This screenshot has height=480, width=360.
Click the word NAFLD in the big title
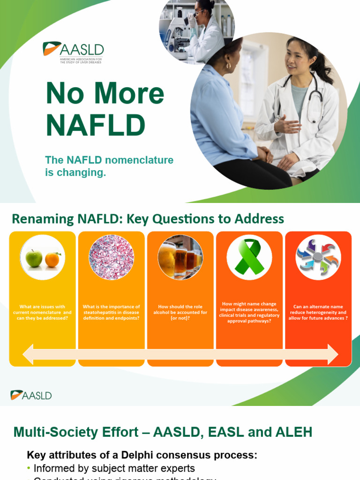[96, 125]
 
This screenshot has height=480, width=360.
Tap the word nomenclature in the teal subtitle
[139, 160]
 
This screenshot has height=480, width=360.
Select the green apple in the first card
[34, 258]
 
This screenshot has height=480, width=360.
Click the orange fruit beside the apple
[52, 259]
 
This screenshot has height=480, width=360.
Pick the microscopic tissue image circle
[111, 257]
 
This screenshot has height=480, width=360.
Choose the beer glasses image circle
[180, 257]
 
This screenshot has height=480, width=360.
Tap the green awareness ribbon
[249, 257]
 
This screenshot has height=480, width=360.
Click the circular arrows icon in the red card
[318, 257]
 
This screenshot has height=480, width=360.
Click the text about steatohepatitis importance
[111, 312]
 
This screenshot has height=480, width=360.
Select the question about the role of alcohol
[180, 312]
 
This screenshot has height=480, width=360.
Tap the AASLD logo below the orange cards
[31, 395]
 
